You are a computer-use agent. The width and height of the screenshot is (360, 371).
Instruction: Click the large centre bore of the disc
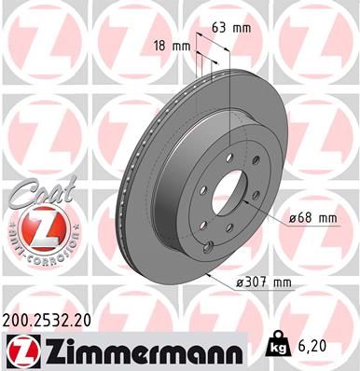223,190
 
